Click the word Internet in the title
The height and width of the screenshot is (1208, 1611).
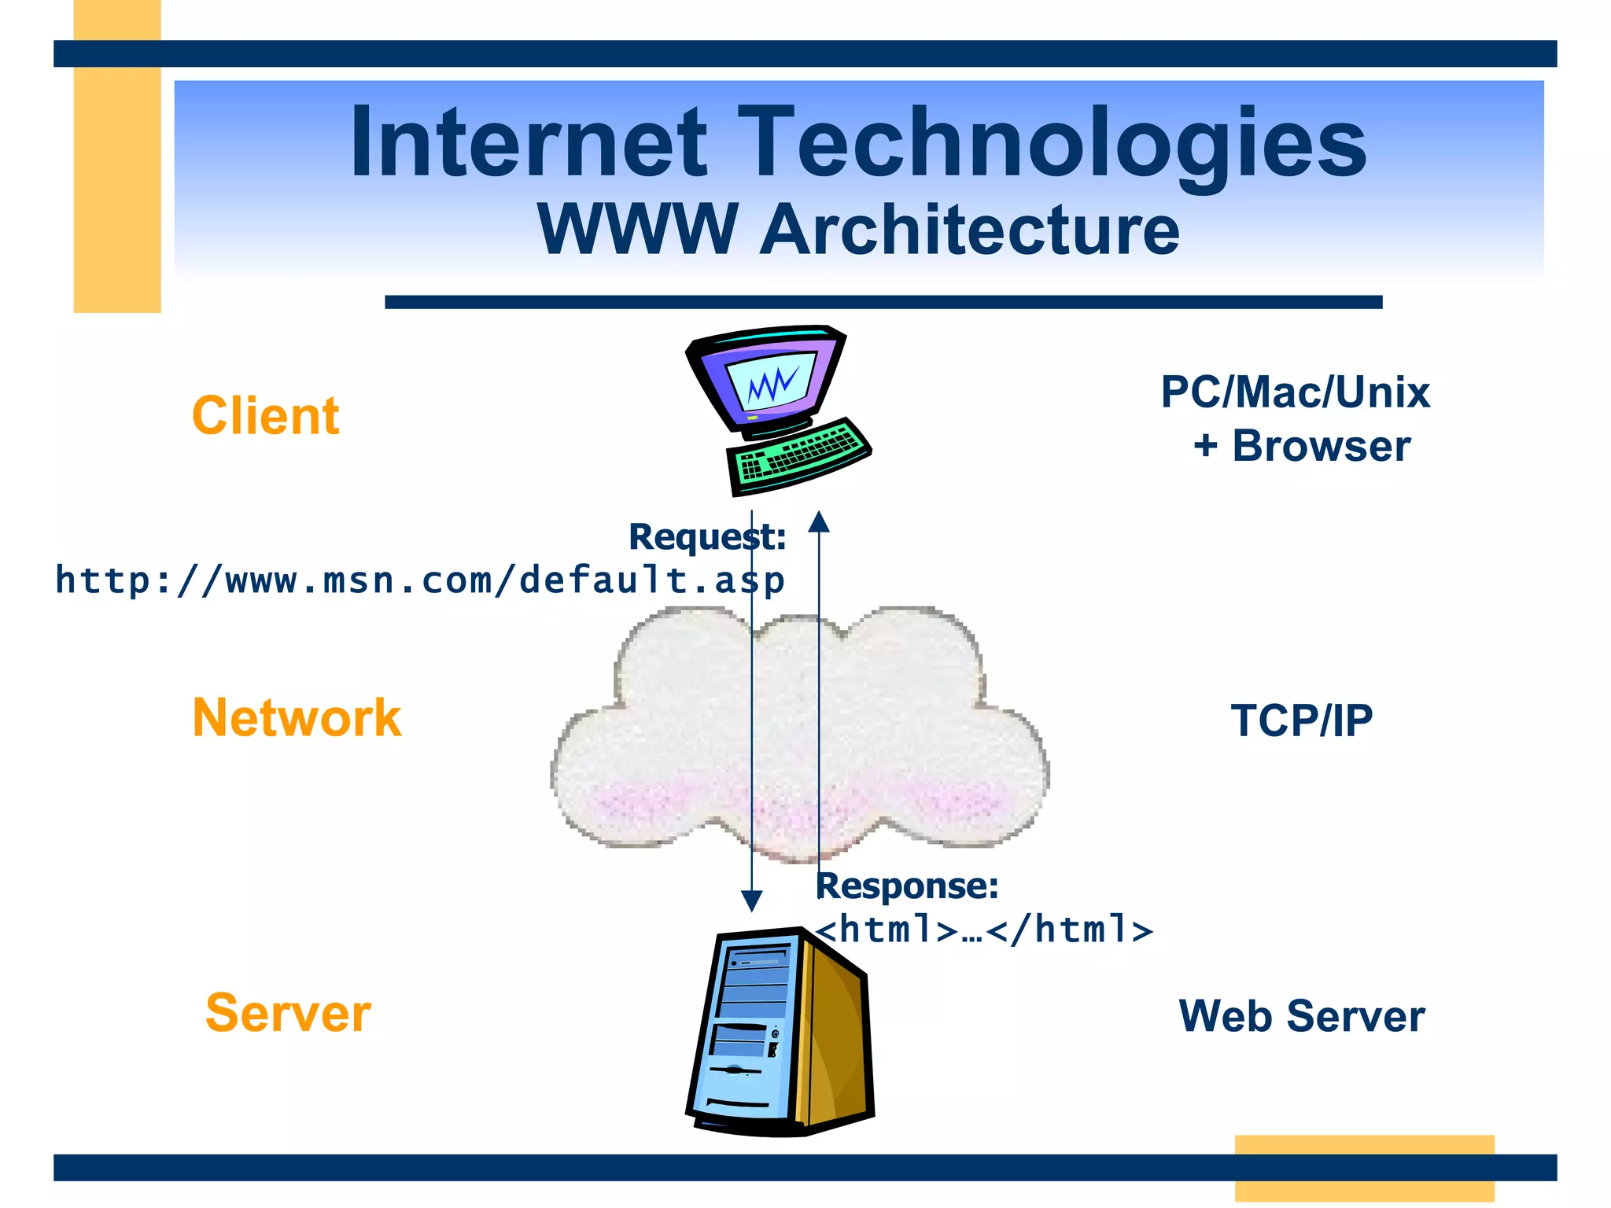pyautogui.click(x=529, y=143)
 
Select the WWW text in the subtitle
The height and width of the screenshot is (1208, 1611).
pyautogui.click(x=637, y=230)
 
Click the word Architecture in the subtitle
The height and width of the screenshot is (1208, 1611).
pyautogui.click(x=969, y=230)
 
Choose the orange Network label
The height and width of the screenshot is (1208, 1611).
pyautogui.click(x=297, y=717)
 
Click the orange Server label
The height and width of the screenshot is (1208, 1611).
pyautogui.click(x=288, y=1013)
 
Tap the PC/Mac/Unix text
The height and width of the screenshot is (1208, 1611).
pyautogui.click(x=1295, y=392)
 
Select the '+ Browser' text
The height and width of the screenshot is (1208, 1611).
pyautogui.click(x=1302, y=446)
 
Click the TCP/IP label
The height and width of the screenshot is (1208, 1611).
pyautogui.click(x=1302, y=720)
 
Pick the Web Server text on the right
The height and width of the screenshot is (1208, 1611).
pyautogui.click(x=1302, y=1016)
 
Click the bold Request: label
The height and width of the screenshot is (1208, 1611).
pyautogui.click(x=707, y=537)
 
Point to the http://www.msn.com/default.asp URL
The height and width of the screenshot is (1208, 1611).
pyautogui.click(x=419, y=580)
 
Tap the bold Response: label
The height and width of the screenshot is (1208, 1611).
pyautogui.click(x=908, y=886)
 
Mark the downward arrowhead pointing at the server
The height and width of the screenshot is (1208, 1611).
pyautogui.click(x=752, y=901)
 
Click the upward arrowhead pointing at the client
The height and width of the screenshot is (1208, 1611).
pyautogui.click(x=819, y=521)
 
